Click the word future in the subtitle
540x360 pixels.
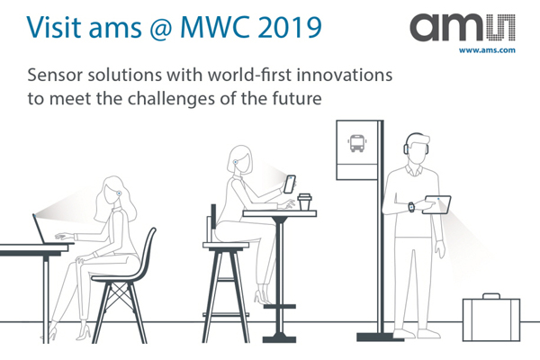click(x=293, y=97)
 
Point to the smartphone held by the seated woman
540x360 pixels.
click(x=290, y=184)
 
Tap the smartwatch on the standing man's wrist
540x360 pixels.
click(x=411, y=207)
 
